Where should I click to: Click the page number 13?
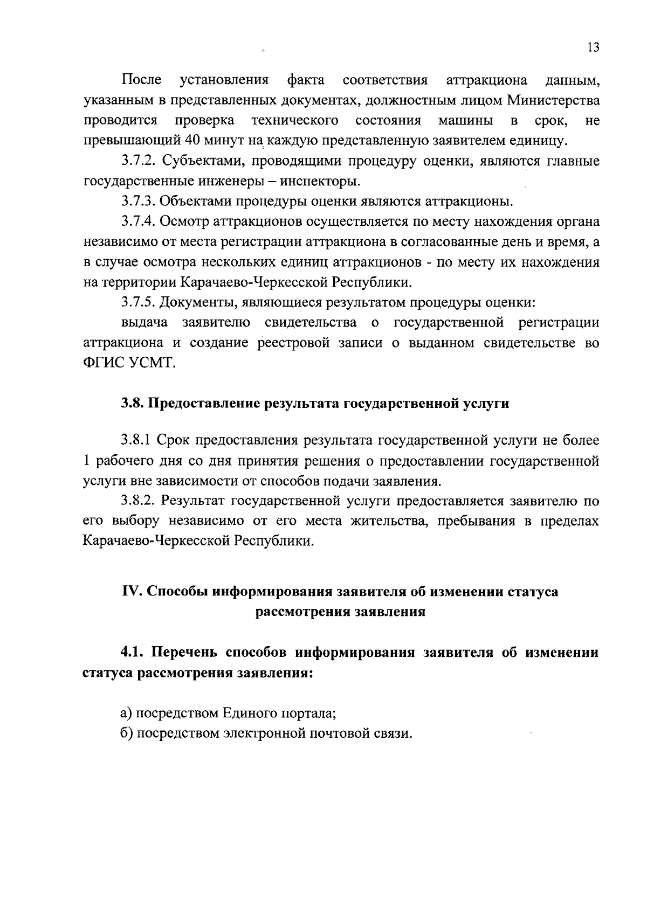coord(593,47)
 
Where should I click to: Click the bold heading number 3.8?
coord(132,403)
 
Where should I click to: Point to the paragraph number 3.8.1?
coord(136,441)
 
